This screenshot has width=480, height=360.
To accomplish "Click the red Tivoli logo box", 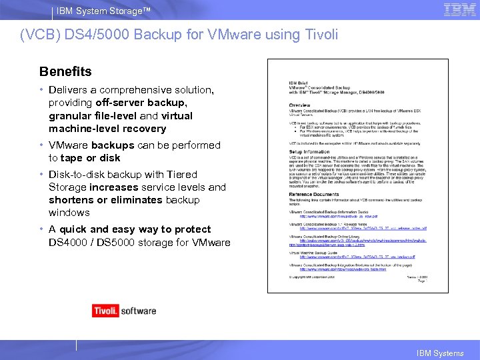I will [105, 310].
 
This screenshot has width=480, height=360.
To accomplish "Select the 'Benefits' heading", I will [65, 71].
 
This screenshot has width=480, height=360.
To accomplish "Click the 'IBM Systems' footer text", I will [440, 353].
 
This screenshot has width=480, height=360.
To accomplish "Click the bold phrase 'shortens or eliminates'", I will [105, 200].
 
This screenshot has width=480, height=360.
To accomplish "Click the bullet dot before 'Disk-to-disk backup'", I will [41, 175].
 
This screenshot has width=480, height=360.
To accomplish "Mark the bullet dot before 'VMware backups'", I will [41, 145].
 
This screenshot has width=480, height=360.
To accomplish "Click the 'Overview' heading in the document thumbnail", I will [299, 106].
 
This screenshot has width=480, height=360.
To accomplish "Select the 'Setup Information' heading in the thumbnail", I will [309, 151].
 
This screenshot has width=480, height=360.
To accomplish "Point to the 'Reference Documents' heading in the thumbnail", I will [313, 194].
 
